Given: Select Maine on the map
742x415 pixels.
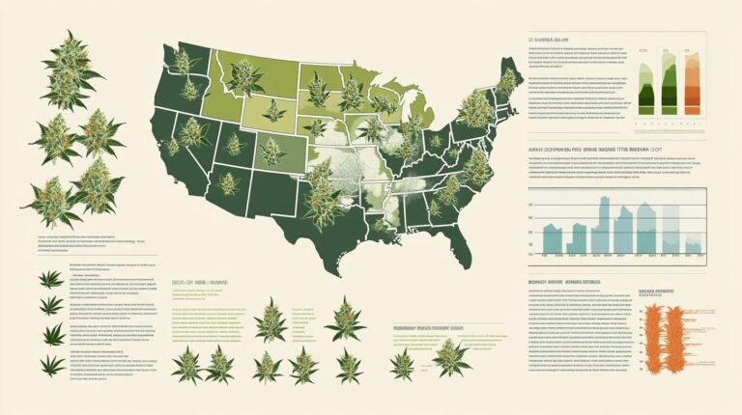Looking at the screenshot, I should (x=508, y=77).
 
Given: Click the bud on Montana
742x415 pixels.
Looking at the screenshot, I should (x=244, y=78).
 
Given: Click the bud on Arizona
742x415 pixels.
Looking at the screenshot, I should (x=228, y=183).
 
